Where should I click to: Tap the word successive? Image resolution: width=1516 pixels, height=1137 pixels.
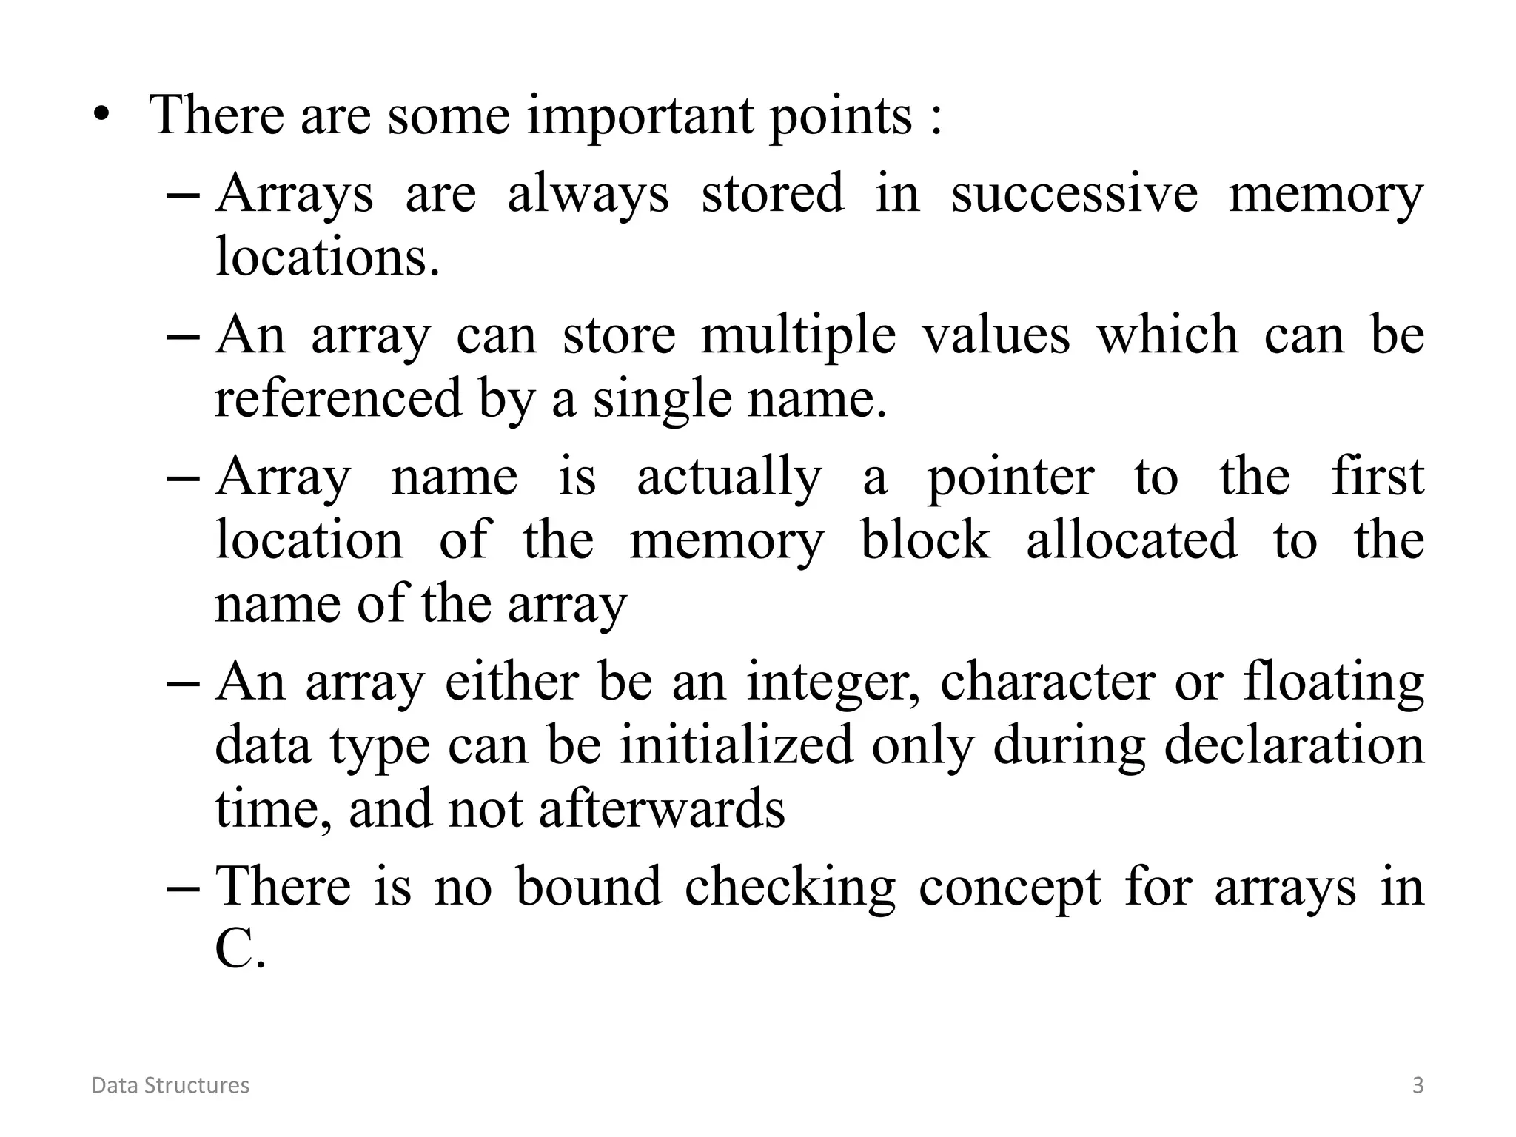pyautogui.click(x=1074, y=194)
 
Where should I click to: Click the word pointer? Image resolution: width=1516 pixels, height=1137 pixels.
pyautogui.click(x=1010, y=477)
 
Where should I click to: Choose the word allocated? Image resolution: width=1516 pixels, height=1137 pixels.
pyautogui.click(x=1131, y=540)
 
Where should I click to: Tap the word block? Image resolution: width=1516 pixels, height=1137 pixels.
pyautogui.click(x=925, y=540)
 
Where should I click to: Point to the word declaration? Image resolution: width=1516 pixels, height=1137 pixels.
pyautogui.click(x=1294, y=745)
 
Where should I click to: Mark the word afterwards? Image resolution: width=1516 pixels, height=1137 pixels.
pyautogui.click(x=661, y=808)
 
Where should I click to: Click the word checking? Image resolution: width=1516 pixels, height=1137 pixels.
pyautogui.click(x=789, y=887)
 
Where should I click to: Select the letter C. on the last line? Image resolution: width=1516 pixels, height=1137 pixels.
pyautogui.click(x=239, y=950)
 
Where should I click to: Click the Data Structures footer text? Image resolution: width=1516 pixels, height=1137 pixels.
pyautogui.click(x=170, y=1085)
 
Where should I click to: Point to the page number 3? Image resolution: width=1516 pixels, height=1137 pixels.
pyautogui.click(x=1418, y=1085)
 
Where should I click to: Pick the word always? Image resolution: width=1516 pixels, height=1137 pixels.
pyautogui.click(x=588, y=194)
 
